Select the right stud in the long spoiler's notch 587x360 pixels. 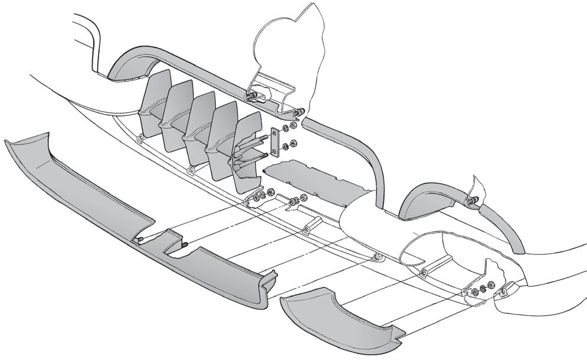pos(184,244)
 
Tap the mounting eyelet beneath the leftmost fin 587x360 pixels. pos(140,138)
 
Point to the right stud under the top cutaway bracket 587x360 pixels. pos(300,111)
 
